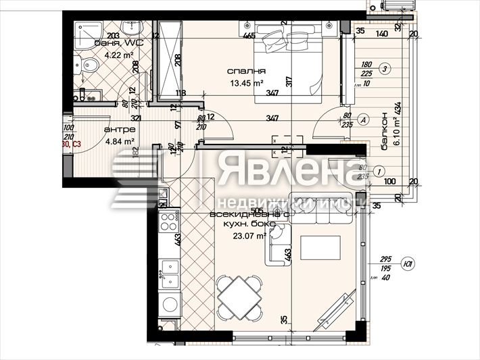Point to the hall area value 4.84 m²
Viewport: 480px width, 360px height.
pos(118,141)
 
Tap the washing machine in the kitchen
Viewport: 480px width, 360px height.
pos(170,305)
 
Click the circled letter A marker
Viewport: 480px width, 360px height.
pos(362,120)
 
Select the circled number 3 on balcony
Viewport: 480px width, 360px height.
pos(384,68)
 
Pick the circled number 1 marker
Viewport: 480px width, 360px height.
pos(379,172)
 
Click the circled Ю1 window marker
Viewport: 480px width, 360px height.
pos(408,265)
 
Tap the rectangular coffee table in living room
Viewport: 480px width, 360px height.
pos(319,247)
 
